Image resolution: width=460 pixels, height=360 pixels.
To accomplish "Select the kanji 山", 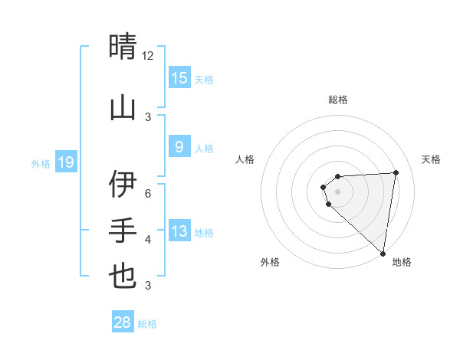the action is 123,107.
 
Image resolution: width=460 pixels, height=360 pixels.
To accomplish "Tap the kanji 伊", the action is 123,185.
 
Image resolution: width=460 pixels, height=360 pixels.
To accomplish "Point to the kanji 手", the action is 123,230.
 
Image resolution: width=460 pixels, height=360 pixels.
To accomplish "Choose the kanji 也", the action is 123,277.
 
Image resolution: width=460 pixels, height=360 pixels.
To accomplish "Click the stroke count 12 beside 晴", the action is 148,56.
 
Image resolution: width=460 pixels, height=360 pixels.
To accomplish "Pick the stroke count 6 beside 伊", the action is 148,193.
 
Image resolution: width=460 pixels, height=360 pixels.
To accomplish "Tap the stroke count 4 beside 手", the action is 148,240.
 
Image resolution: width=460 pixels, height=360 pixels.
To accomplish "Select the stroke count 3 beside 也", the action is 148,286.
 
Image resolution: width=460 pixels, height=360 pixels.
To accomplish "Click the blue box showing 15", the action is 179,78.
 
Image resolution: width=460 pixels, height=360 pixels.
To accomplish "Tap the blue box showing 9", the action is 179,147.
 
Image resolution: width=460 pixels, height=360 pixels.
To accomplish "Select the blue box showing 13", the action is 179,231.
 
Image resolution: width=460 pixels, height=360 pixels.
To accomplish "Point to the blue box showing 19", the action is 65,162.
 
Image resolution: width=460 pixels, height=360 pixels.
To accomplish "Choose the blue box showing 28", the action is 123,322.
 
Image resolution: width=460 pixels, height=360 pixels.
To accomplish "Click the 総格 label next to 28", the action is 147,324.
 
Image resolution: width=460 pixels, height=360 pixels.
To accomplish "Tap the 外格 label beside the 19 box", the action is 40,163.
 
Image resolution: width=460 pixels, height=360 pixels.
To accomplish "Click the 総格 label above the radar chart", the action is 338,100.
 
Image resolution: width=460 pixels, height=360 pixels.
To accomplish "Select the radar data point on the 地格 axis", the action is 383,253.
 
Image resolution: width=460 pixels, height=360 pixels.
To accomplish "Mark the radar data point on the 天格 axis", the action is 396,172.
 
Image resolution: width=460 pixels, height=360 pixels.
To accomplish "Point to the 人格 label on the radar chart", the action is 245,159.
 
